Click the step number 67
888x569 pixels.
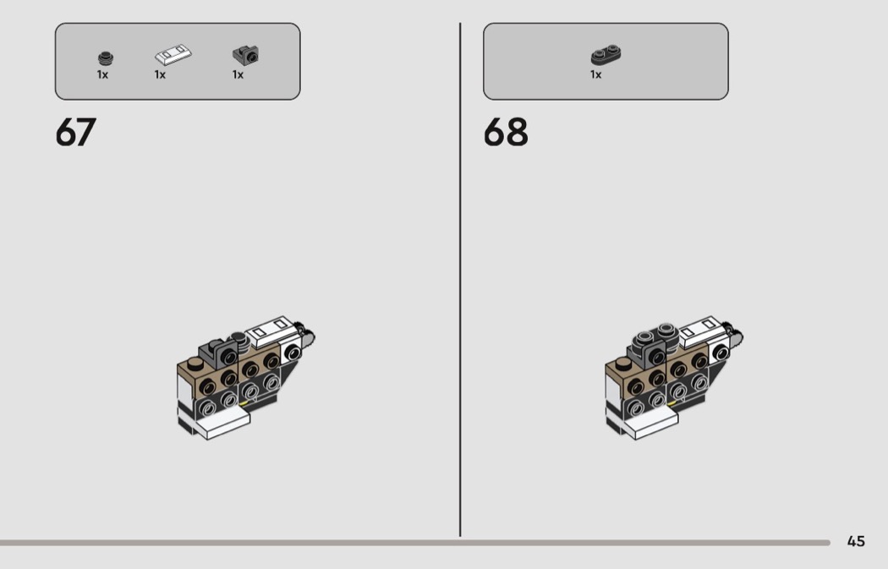click(x=76, y=133)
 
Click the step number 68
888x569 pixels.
click(x=506, y=133)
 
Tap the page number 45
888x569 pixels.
click(x=856, y=541)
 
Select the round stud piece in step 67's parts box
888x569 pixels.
click(x=106, y=57)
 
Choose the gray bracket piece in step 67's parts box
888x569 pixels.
click(x=246, y=55)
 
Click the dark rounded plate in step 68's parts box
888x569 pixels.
click(x=606, y=54)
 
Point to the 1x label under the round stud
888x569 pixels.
click(x=102, y=74)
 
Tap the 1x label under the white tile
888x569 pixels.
click(x=161, y=74)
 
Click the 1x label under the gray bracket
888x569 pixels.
click(x=238, y=74)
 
